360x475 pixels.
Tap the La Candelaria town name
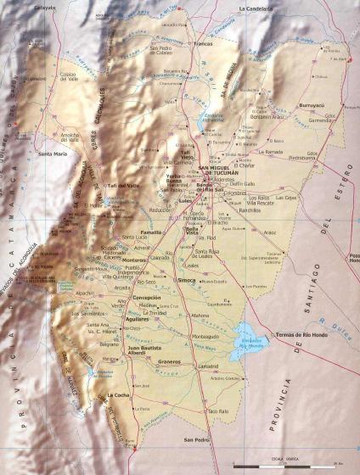258,8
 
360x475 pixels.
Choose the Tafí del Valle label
122,185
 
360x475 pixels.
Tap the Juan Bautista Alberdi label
144,350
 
